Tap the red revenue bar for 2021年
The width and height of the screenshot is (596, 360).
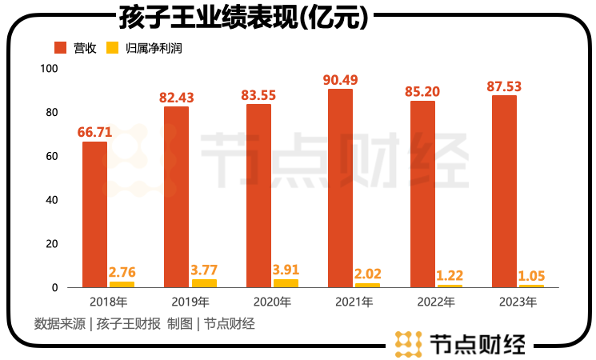point(341,187)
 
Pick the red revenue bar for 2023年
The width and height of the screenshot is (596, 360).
point(504,190)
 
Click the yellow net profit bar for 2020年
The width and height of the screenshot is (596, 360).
point(286,283)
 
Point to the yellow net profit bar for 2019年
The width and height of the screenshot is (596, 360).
point(204,283)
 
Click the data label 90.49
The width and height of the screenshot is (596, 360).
point(341,80)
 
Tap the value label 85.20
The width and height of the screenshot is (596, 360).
point(422,91)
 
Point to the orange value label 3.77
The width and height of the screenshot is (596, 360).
point(203,270)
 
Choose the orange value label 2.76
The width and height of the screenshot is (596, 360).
point(122,272)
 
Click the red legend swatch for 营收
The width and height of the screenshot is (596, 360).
point(61,48)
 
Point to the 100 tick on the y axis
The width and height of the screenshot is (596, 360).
point(49,69)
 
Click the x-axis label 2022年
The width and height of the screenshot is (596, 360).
point(436,302)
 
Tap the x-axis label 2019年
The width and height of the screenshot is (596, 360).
point(190,302)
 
